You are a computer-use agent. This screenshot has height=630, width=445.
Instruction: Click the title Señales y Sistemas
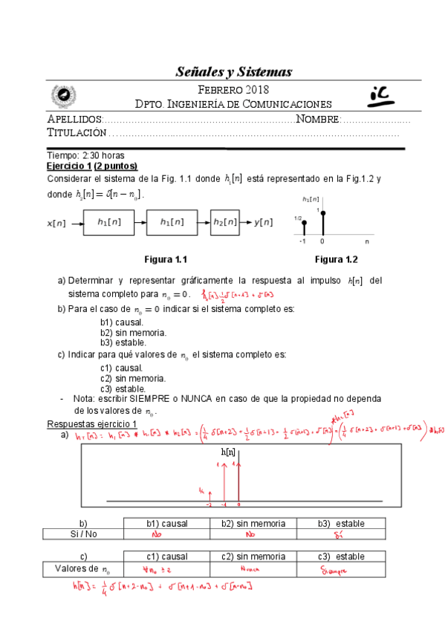click(234, 72)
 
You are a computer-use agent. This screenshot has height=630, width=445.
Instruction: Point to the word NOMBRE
click(318, 120)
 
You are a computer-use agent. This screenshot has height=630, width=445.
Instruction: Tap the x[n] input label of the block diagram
click(56, 222)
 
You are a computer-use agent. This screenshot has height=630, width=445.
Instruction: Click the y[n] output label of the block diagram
click(263, 221)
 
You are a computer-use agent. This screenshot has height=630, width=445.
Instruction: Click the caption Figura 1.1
click(165, 259)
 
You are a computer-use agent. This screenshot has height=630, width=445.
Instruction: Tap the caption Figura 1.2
click(336, 259)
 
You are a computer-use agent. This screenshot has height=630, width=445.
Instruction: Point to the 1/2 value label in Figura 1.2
click(298, 218)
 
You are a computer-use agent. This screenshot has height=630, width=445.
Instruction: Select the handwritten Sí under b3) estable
click(339, 534)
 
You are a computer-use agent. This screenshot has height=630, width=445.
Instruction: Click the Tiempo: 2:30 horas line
click(85, 156)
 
